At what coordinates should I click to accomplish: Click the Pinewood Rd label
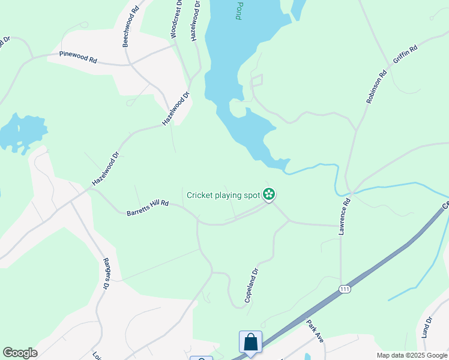click(x=78, y=58)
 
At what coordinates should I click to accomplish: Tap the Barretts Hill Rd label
click(x=147, y=208)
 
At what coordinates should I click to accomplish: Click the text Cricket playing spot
click(x=223, y=194)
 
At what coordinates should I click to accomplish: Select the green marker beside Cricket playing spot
click(x=270, y=194)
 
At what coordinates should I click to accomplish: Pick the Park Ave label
click(x=315, y=331)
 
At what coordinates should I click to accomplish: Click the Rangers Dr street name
click(x=106, y=274)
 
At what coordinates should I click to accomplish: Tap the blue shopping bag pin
click(x=250, y=342)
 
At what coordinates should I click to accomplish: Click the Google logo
click(x=20, y=353)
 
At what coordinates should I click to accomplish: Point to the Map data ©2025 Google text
click(x=411, y=355)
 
